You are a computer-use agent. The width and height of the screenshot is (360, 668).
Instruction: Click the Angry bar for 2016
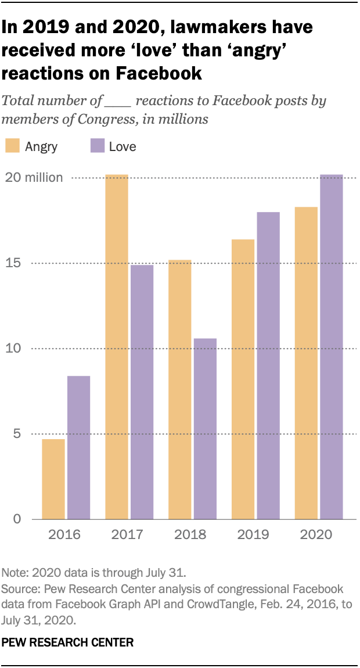(x=53, y=479)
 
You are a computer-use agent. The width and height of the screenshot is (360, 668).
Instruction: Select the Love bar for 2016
(x=79, y=447)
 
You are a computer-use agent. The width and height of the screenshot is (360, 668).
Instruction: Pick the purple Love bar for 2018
(x=205, y=428)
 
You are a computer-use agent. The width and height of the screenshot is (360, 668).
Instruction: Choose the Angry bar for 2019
(x=243, y=379)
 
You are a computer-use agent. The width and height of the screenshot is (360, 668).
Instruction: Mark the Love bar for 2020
(x=331, y=346)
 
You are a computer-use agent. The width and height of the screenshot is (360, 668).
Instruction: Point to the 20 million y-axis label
(x=35, y=178)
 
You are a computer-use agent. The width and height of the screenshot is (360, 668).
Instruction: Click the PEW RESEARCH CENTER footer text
(x=67, y=642)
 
